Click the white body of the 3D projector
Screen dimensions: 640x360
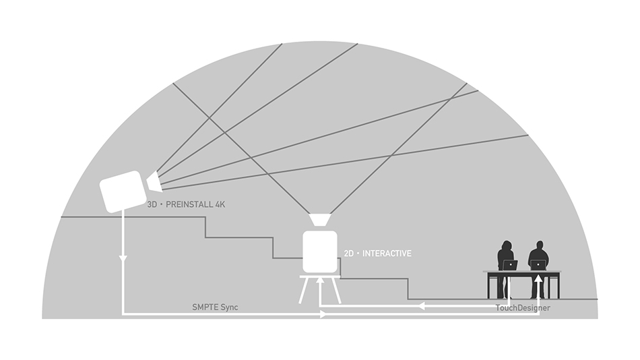pyautogui.click(x=123, y=191)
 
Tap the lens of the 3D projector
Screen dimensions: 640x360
pyautogui.click(x=154, y=181)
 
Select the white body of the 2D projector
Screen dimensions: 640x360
pyautogui.click(x=320, y=251)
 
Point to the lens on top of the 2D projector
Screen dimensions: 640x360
pyautogui.click(x=319, y=219)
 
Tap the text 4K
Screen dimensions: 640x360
pyautogui.click(x=220, y=204)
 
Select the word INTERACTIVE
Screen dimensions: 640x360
pyautogui.click(x=387, y=253)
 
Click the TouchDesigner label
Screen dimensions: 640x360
pyautogui.click(x=523, y=307)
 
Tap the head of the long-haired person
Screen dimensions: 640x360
pyautogui.click(x=507, y=246)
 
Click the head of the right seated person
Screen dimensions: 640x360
pyautogui.click(x=540, y=246)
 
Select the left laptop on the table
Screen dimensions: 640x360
pyautogui.click(x=510, y=265)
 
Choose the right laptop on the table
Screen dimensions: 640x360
pyautogui.click(x=538, y=265)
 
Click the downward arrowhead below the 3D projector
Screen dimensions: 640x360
pyautogui.click(x=123, y=259)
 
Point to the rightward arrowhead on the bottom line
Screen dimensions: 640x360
pyautogui.click(x=323, y=314)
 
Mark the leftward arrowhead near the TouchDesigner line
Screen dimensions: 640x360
pyautogui.click(x=422, y=305)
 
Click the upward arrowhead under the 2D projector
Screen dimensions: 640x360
pyautogui.click(x=320, y=280)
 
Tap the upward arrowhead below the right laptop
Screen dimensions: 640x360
pyautogui.click(x=539, y=278)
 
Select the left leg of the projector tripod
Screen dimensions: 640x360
pyautogui.click(x=304, y=291)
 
